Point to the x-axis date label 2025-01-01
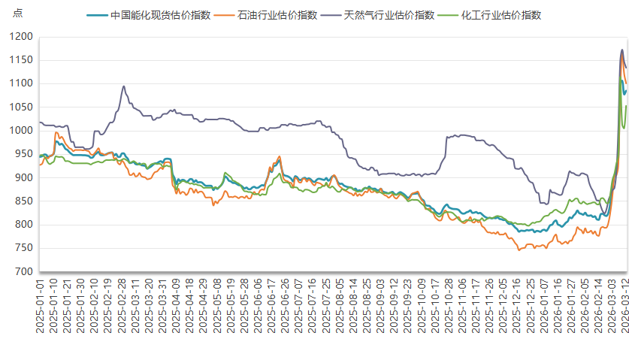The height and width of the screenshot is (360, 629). (41, 307)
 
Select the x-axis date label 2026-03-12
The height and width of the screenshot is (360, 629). (624, 307)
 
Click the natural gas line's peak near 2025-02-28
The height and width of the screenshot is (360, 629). (123, 86)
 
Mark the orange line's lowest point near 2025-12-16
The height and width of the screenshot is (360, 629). (519, 250)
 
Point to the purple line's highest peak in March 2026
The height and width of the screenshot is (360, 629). (621, 50)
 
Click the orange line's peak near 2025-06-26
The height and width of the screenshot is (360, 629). (280, 156)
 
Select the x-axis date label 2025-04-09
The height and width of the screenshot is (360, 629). (175, 307)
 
